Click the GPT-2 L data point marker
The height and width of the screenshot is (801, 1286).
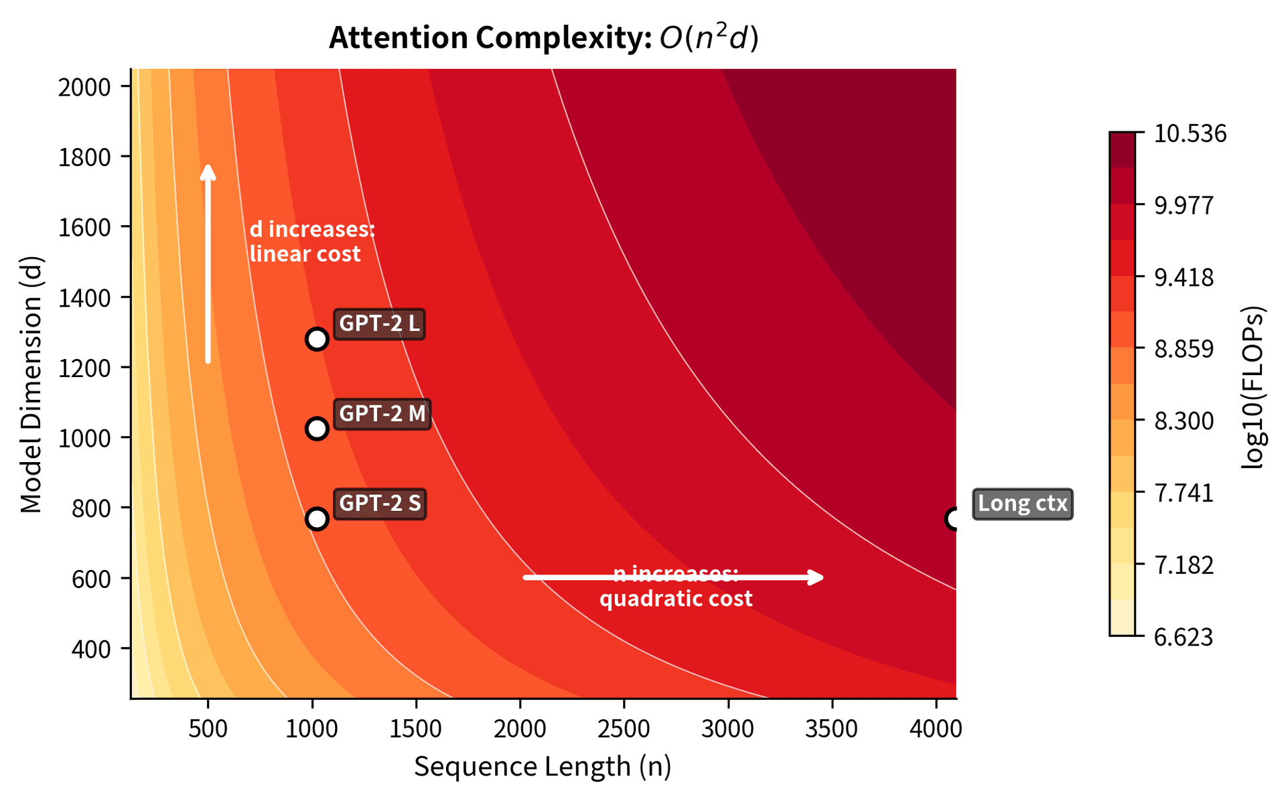coord(317,339)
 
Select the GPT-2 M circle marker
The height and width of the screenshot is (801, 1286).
coord(317,429)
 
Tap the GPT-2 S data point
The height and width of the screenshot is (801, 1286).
coord(317,519)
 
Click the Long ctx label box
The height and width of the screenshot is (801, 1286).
coord(1022,504)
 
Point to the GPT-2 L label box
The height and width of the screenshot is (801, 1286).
coord(379,324)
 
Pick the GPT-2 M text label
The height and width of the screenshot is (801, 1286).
coord(382,414)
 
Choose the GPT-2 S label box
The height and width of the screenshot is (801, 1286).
coord(380,504)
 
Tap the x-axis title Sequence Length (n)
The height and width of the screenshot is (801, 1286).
coord(543,766)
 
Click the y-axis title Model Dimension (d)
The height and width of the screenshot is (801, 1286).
coord(31,384)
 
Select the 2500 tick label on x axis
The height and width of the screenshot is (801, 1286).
coord(624,729)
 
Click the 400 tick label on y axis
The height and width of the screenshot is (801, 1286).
coord(91,649)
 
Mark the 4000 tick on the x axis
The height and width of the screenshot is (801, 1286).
coord(936,729)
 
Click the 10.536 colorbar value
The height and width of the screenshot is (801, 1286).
coord(1190,134)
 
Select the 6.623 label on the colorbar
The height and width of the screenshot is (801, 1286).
coord(1184,637)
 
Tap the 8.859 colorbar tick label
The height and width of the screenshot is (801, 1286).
coord(1184,349)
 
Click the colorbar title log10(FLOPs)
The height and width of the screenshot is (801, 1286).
coord(1253,387)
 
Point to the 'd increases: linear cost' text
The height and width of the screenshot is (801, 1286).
coord(311,242)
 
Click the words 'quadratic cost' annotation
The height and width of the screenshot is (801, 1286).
coord(676,598)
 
